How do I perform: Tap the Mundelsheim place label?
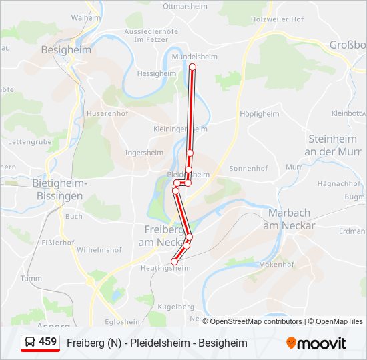coord(191,57)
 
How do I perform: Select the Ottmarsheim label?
coord(186,6)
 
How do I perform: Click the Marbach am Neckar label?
coord(289,219)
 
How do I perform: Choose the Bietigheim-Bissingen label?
coord(58,189)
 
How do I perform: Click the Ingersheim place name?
coord(144,153)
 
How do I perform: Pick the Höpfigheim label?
coord(259,114)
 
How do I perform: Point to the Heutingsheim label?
coord(165,268)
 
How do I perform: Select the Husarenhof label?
coord(107,114)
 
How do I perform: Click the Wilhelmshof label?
coord(99,250)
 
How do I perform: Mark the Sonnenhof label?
coord(248,169)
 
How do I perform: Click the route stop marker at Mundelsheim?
coord(193,67)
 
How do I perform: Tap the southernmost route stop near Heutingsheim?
coord(174,261)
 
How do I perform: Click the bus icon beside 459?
coord(31,342)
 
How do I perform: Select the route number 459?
coord(48,342)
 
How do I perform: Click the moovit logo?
coord(316,343)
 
